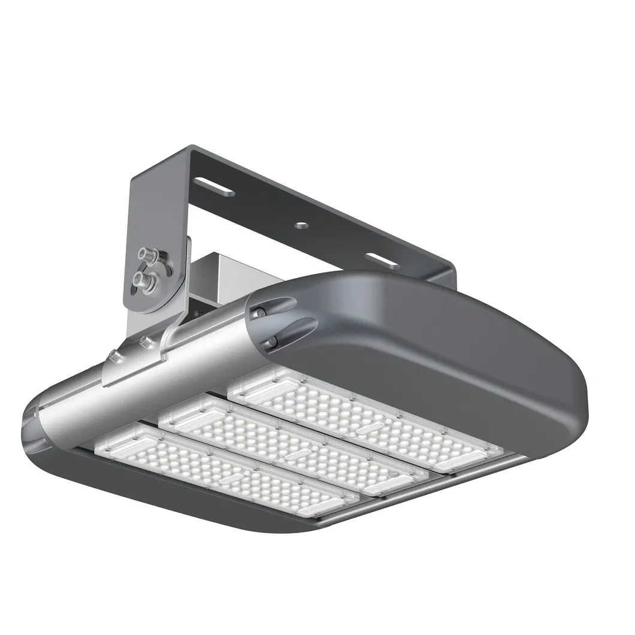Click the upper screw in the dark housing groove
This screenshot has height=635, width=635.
[x=261, y=311]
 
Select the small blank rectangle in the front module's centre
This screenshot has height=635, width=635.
[x=231, y=479]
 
